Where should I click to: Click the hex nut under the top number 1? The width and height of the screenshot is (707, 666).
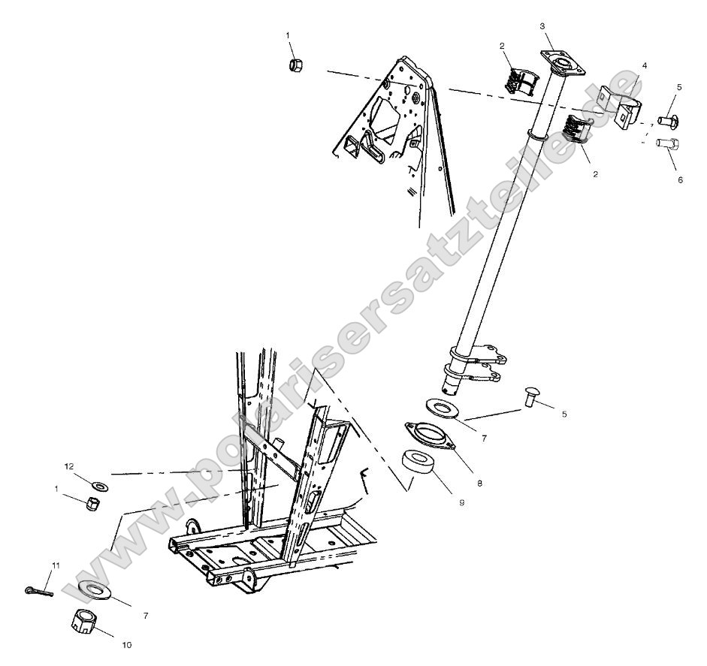pos(296,65)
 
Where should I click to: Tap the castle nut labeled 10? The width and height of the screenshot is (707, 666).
pos(85,622)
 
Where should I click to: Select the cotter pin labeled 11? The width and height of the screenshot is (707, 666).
pos(38,590)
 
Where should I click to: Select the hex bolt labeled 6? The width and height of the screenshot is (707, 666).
pos(666,143)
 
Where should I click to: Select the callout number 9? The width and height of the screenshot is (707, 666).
pos(461,502)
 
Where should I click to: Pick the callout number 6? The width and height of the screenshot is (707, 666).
pos(680,180)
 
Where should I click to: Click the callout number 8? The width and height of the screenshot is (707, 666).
pos(479,482)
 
